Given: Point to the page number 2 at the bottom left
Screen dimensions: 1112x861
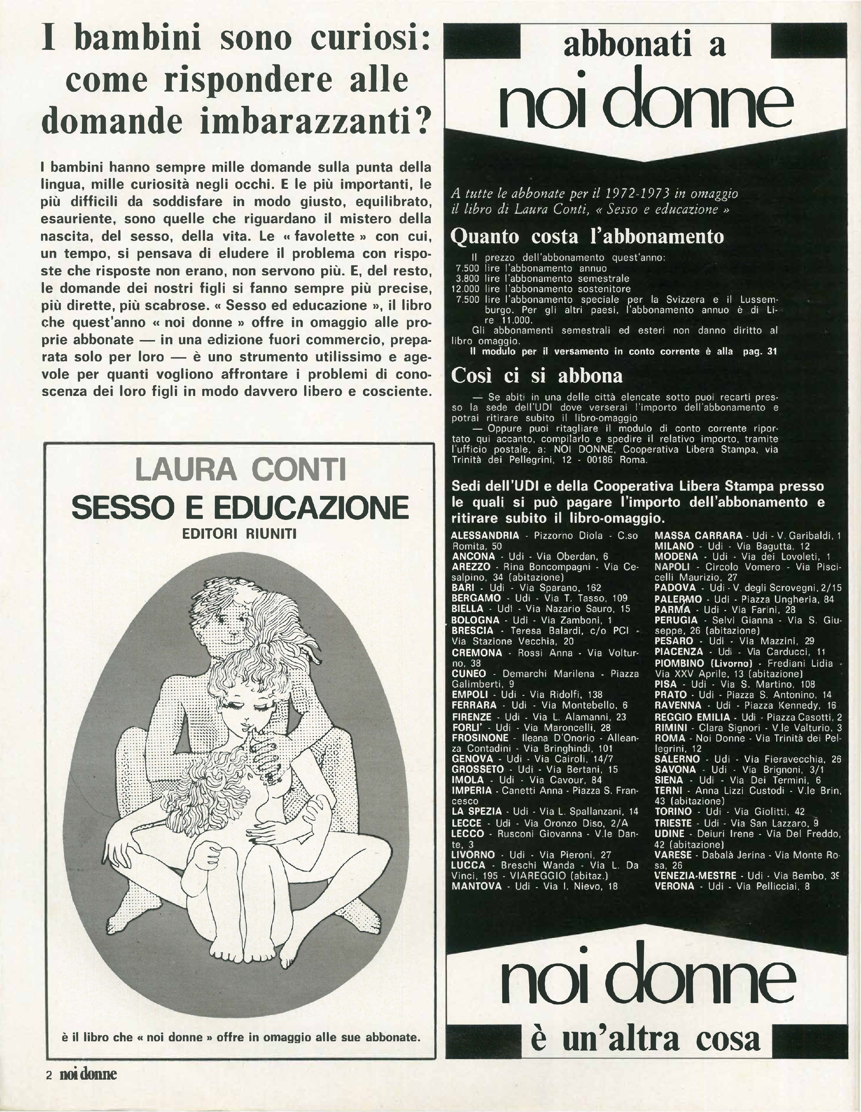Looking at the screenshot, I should [x=49, y=1074].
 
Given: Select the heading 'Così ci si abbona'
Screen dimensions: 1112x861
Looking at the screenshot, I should [x=537, y=376].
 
